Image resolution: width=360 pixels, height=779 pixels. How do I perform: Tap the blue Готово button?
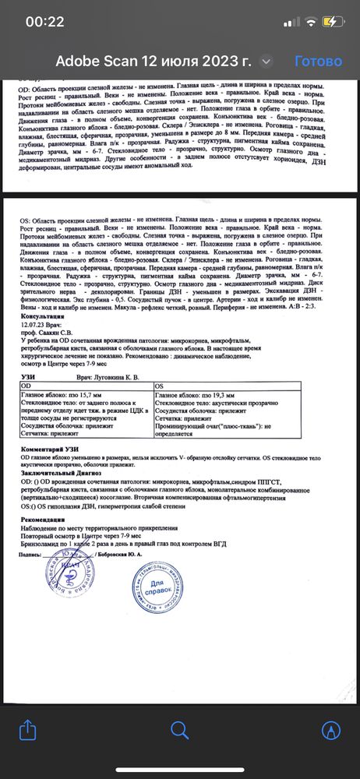point(318,61)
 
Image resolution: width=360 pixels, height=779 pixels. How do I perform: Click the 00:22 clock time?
point(45,22)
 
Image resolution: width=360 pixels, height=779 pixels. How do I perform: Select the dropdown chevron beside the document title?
point(266,61)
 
